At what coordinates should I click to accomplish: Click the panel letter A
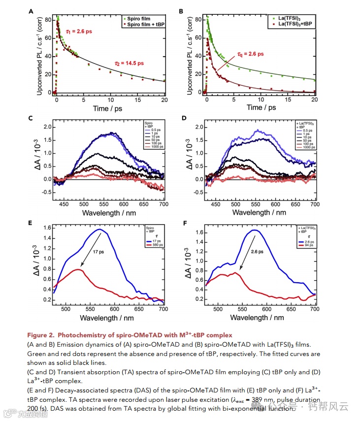coord(31,11)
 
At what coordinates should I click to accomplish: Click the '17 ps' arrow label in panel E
coord(98,251)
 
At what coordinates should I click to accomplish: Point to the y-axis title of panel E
coord(37,264)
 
